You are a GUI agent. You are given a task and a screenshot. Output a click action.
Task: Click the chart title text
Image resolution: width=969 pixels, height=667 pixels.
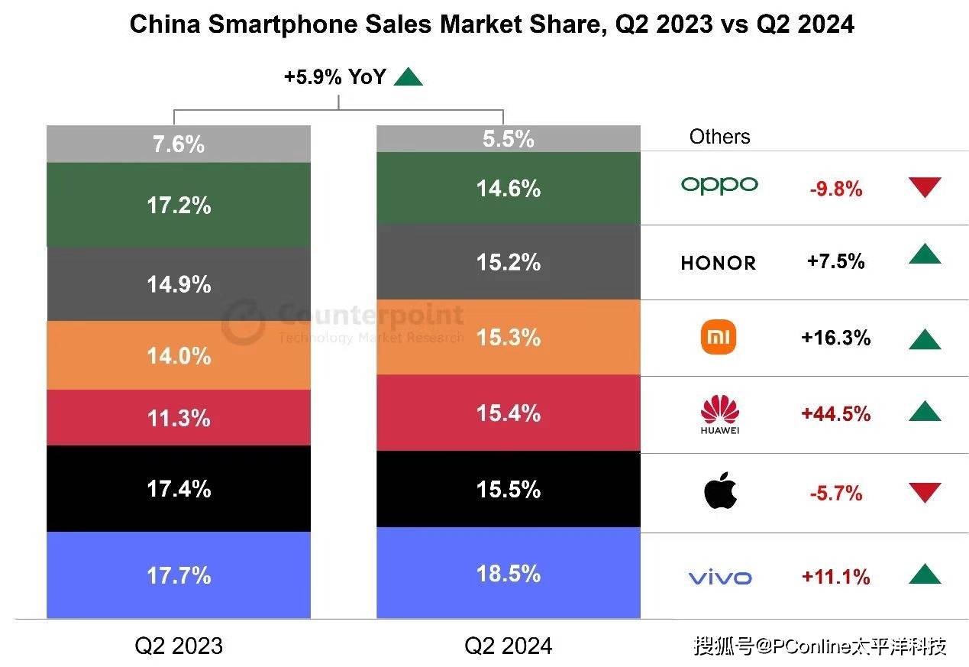(492, 24)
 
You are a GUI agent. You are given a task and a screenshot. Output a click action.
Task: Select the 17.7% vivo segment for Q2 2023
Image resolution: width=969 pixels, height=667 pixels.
(179, 575)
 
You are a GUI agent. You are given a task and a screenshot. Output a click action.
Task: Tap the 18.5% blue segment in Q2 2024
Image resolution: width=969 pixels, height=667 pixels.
(509, 573)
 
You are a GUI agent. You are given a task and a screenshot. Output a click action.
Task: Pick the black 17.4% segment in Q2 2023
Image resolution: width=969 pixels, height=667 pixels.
(179, 488)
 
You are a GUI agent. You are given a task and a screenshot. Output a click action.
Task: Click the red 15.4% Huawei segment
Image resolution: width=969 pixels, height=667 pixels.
(509, 413)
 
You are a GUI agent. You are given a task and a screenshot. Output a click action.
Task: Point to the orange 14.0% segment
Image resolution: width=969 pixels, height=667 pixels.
(179, 355)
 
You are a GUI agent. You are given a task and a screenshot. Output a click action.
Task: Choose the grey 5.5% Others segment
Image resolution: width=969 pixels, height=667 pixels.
(509, 139)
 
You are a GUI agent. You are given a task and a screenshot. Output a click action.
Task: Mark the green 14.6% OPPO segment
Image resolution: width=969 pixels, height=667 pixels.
(509, 188)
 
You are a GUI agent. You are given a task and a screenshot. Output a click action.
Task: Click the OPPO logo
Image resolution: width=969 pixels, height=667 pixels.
(719, 185)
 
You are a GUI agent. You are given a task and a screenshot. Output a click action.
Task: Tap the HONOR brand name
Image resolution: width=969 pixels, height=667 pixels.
(718, 263)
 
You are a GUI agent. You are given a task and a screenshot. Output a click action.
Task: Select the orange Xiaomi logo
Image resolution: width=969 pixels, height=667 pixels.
(719, 338)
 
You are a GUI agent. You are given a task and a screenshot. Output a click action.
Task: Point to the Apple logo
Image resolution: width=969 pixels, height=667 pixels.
(720, 491)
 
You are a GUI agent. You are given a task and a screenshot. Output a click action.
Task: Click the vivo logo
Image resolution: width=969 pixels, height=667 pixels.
(719, 578)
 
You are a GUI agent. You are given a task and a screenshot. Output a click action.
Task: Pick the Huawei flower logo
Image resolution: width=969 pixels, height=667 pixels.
(719, 413)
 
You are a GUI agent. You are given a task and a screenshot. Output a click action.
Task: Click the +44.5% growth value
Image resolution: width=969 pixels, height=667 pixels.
(835, 413)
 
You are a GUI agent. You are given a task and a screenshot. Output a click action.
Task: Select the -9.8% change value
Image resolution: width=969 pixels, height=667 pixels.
(835, 189)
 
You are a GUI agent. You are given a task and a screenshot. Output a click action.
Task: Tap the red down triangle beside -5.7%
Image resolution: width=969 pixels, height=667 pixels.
(925, 493)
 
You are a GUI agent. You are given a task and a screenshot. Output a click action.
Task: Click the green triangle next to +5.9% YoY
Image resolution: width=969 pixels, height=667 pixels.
(408, 76)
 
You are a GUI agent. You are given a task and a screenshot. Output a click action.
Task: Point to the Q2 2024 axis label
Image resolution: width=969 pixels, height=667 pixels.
(508, 646)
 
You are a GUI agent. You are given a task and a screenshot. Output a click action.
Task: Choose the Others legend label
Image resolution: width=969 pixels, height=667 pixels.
(719, 137)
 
